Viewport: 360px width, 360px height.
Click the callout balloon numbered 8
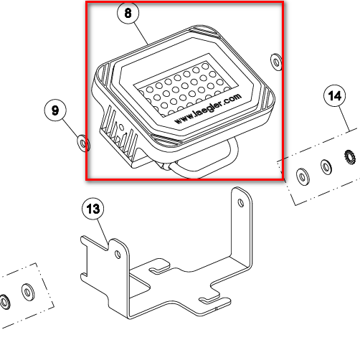128,13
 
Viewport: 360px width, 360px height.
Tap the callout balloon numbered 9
55,110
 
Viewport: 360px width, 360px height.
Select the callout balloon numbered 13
93,209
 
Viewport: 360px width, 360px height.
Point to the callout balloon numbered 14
335,96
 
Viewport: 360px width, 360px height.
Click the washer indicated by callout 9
83,143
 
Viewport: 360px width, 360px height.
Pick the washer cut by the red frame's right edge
276,62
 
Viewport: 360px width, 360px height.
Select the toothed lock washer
350,157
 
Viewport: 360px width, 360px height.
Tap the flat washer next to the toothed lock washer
326,166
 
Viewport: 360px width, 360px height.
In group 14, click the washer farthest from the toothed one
303,176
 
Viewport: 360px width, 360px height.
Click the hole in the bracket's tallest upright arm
241,203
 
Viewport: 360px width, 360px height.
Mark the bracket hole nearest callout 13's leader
118,255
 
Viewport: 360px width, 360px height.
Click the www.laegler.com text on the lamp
208,108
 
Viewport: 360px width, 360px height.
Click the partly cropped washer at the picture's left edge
4,302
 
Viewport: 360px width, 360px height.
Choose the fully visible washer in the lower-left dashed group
28,292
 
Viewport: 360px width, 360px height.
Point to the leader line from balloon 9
72,128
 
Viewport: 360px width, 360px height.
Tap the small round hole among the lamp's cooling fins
121,127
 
